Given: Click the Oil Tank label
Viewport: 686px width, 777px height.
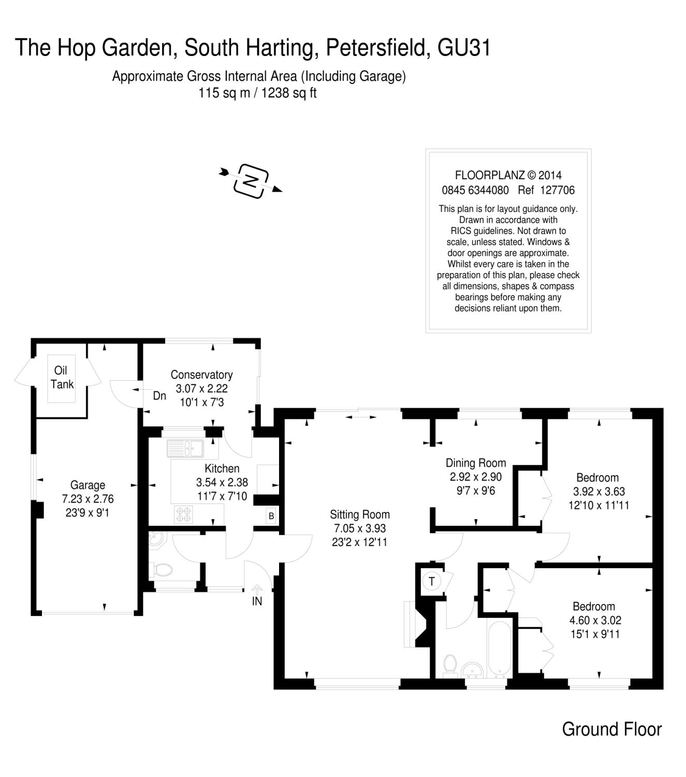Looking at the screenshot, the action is [x=62, y=377].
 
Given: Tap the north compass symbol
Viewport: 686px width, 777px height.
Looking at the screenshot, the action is [x=251, y=180].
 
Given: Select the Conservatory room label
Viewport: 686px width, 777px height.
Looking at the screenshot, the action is [x=201, y=375].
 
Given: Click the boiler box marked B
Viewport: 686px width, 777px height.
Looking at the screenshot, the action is [x=271, y=516].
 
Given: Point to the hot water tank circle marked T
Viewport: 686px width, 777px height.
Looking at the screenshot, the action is [x=432, y=581].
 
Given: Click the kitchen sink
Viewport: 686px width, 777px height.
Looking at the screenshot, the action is [x=185, y=448].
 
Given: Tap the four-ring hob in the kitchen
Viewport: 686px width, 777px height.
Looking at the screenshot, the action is [x=183, y=513].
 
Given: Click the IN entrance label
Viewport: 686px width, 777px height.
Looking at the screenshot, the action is [x=257, y=601].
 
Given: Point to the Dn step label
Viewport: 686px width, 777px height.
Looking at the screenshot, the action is [x=159, y=396].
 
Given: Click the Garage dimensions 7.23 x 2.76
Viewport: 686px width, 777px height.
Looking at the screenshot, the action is [x=87, y=499].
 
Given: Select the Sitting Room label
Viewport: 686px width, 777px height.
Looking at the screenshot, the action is [x=360, y=514].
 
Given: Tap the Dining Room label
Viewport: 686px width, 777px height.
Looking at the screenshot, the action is [x=476, y=463].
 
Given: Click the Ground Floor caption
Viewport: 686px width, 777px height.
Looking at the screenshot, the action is [x=611, y=729].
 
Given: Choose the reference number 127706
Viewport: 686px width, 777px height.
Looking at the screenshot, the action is [x=557, y=190].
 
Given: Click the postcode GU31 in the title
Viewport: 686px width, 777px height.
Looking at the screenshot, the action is [x=464, y=47].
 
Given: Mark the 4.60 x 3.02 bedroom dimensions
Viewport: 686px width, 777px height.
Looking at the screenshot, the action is [x=595, y=620].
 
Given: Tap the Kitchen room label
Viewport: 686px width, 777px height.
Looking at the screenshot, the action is [x=222, y=468].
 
